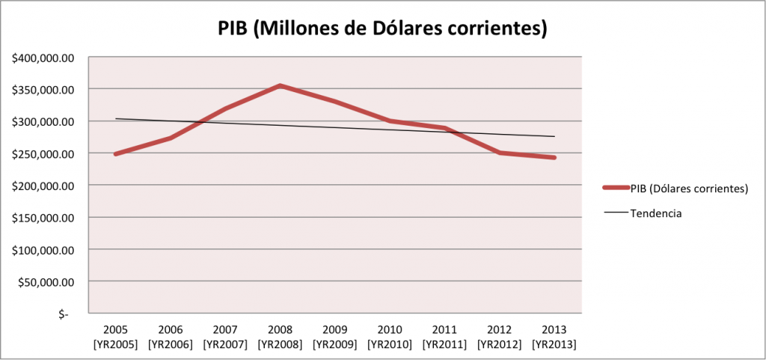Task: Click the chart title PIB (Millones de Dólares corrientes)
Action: (382, 28)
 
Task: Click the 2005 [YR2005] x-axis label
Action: (116, 337)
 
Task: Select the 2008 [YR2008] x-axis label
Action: (281, 337)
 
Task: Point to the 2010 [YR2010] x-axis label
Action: (390, 337)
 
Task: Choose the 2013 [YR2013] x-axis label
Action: (554, 337)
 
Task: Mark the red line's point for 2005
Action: (116, 154)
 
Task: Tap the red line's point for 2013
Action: (554, 158)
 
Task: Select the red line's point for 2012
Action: (500, 153)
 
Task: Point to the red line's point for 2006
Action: (171, 138)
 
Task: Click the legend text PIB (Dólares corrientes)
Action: (690, 189)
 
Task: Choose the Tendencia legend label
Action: (656, 213)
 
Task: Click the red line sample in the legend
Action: (616, 189)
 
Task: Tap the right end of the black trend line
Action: (554, 136)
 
